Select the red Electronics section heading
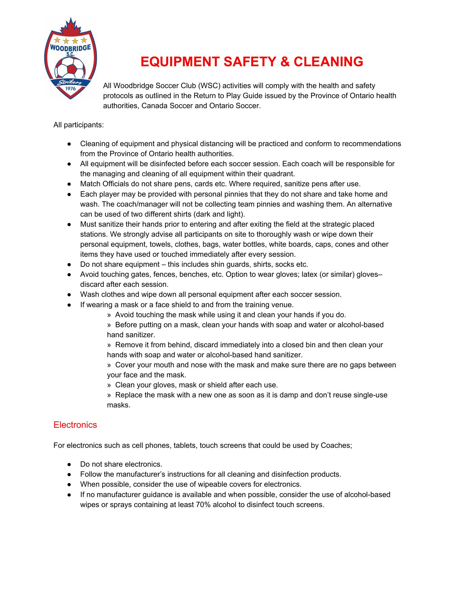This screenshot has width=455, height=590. (x=75, y=424)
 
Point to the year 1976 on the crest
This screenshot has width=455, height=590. (x=70, y=88)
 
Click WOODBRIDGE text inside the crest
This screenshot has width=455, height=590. (x=70, y=48)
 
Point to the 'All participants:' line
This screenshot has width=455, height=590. (x=79, y=125)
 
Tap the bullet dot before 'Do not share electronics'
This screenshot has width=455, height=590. (x=69, y=465)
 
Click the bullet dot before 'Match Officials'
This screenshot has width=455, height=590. (x=69, y=184)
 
